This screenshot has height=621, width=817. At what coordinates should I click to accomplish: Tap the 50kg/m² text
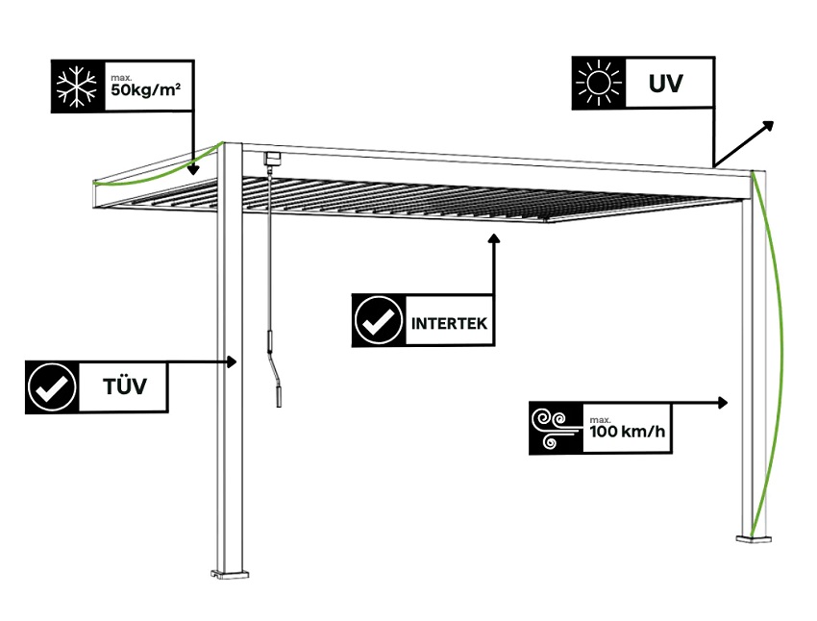coord(147,92)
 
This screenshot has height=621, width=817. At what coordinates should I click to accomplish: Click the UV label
coord(665,83)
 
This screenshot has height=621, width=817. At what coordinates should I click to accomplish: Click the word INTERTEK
coord(449,323)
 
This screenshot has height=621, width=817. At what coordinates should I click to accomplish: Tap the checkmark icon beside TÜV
coord(52,387)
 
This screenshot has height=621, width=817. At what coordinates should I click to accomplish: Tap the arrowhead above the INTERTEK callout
coord(495,238)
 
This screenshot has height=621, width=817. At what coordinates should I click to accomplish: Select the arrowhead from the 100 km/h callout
coord(727,401)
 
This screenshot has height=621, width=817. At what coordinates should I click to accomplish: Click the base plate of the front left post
coord(231,575)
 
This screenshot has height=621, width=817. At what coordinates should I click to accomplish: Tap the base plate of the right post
coord(755,540)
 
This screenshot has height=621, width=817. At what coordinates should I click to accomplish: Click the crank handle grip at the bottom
coord(280,395)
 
